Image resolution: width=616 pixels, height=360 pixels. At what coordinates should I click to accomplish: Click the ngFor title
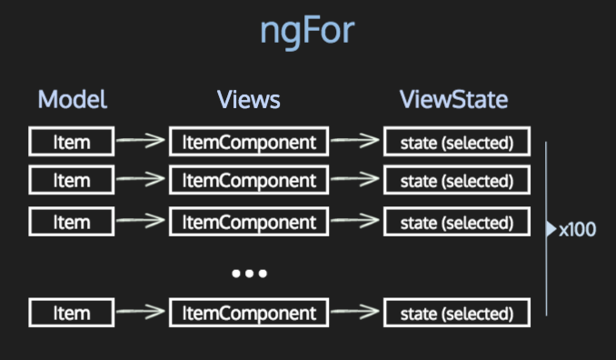click(x=307, y=32)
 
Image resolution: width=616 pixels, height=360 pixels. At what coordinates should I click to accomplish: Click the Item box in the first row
click(x=72, y=141)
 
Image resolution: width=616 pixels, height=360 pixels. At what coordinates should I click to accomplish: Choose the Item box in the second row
click(x=72, y=180)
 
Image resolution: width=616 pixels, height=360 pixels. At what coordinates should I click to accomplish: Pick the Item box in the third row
click(x=72, y=220)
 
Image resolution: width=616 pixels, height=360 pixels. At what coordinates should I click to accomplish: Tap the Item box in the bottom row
click(x=72, y=313)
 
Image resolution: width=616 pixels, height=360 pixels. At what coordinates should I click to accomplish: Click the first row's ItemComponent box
click(x=249, y=141)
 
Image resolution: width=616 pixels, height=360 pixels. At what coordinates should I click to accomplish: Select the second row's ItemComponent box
click(x=249, y=180)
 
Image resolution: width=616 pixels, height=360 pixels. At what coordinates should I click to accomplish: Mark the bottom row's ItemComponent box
click(x=249, y=313)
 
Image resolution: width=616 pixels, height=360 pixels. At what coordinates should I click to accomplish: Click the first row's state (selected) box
click(x=456, y=141)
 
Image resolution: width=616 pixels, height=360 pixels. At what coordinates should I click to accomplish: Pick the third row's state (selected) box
click(x=456, y=220)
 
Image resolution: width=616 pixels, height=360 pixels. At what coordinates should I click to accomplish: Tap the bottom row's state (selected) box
click(x=456, y=313)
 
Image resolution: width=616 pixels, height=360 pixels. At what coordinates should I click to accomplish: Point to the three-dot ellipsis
click(x=248, y=273)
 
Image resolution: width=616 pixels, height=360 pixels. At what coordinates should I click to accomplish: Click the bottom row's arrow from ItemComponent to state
click(x=355, y=313)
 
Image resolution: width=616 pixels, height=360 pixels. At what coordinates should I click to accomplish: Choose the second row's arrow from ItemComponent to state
click(x=355, y=180)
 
